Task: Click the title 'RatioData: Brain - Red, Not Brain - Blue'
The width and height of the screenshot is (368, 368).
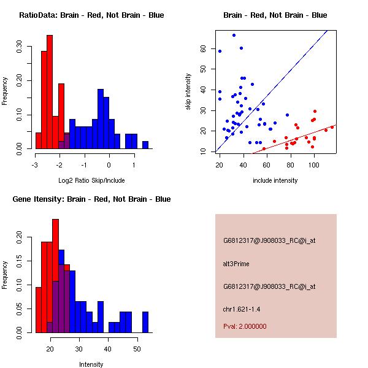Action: (91, 15)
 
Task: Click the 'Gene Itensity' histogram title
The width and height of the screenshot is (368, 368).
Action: (91, 199)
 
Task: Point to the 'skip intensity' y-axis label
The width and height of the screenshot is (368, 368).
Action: (188, 92)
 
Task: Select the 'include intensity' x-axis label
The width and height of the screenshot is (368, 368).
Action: (275, 180)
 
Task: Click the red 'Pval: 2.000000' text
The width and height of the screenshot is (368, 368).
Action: (247, 326)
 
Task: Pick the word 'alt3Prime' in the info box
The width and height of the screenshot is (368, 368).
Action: (236, 264)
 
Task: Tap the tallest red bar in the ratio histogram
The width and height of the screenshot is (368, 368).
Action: (50, 92)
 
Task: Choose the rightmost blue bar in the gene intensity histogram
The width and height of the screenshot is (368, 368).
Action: (145, 322)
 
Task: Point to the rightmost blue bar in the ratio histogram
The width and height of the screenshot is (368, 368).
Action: (145, 145)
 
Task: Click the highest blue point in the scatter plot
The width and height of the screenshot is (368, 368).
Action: (234, 36)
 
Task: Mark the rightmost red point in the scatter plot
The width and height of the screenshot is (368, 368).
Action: (332, 127)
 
